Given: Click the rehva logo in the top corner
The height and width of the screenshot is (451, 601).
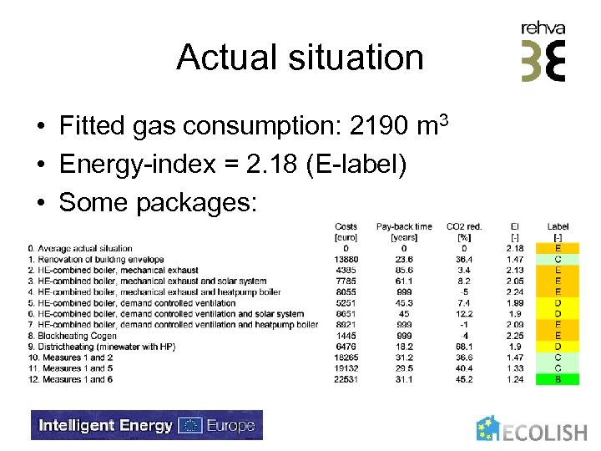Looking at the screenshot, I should click(543, 52).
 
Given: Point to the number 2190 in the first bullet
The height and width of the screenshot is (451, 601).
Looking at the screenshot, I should click(381, 126).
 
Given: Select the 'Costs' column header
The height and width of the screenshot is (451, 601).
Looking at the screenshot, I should click(346, 226).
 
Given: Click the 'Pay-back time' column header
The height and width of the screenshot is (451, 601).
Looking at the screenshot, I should click(404, 226).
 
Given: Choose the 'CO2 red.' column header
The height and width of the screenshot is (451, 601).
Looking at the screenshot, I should click(464, 226).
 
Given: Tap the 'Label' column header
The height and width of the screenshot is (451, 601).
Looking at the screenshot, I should click(558, 226).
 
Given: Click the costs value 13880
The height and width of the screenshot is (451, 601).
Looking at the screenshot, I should click(346, 259).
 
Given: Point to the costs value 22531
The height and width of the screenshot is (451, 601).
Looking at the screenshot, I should click(346, 378).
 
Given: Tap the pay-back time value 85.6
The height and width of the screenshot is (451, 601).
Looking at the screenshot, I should click(404, 270).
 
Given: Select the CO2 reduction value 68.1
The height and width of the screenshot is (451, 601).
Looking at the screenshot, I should click(464, 346).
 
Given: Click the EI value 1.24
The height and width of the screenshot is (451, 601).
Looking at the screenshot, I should click(515, 378).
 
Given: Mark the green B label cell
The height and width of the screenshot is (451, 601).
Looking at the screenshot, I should click(558, 378).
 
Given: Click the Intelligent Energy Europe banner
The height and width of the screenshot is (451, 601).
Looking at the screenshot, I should click(147, 425).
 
